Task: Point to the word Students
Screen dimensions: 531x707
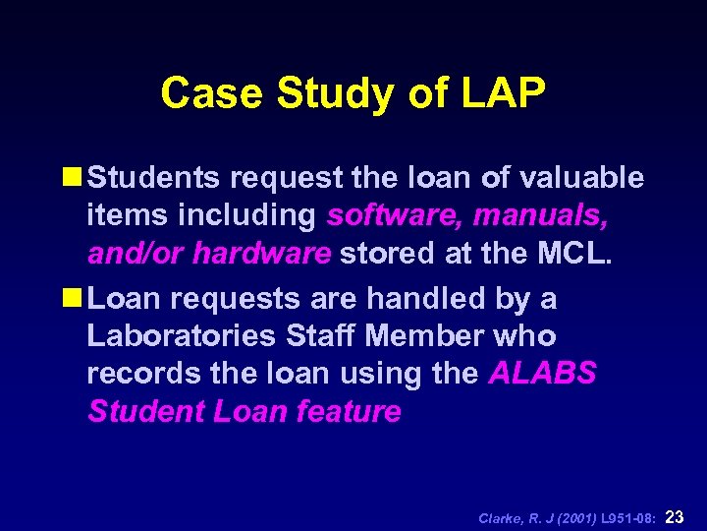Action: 168,177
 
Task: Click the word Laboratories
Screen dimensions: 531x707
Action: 181,335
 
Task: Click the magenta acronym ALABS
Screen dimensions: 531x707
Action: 542,374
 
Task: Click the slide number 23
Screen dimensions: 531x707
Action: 675,517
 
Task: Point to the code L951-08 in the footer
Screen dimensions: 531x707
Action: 629,518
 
